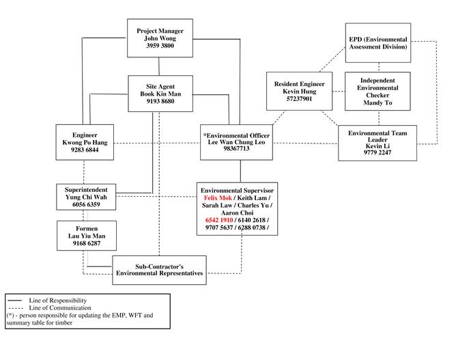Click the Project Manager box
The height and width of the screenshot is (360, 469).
159,39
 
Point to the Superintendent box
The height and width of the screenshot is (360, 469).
83,195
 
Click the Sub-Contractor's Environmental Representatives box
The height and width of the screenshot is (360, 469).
159,269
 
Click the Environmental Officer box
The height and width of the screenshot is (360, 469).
238,142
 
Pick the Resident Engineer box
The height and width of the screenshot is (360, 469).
299,90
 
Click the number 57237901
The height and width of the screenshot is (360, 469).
299,98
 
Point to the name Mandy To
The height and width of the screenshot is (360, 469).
377,105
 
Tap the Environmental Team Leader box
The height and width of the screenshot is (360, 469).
377,143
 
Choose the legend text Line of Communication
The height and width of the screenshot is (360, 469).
59,308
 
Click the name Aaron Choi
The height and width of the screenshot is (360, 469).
238,212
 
